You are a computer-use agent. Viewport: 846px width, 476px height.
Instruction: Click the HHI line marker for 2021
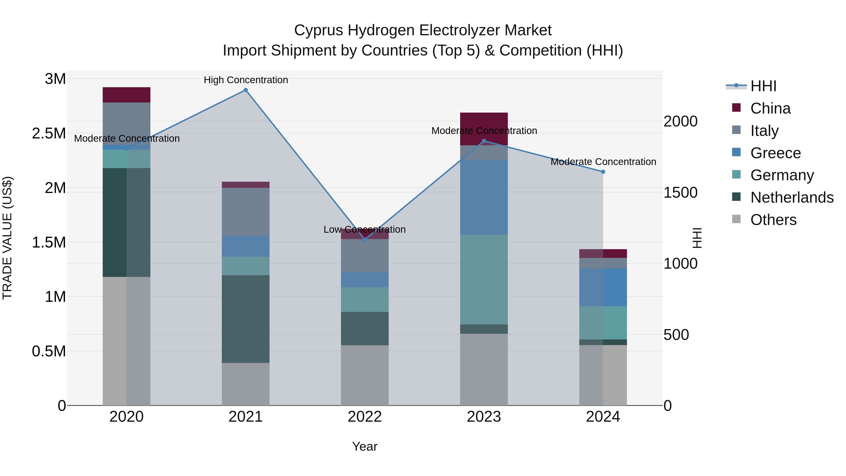point(245,90)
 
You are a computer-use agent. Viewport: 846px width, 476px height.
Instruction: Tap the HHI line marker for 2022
point(364,240)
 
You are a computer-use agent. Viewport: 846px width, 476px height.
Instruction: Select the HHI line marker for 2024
point(603,172)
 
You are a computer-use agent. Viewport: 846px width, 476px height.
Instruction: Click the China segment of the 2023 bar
point(484,123)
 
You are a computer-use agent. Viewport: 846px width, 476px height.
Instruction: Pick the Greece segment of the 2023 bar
point(484,197)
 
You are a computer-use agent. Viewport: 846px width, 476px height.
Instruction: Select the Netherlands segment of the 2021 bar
point(245,319)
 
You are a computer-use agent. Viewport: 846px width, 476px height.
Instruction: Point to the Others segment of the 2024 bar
point(603,375)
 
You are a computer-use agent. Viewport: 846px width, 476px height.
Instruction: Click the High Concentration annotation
point(246,80)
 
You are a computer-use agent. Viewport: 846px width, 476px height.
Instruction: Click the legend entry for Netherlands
point(791,197)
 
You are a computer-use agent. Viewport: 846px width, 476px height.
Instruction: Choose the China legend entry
point(770,108)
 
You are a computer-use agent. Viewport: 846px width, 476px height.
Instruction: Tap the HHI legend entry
point(763,86)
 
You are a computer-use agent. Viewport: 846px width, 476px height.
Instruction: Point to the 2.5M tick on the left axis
point(49,133)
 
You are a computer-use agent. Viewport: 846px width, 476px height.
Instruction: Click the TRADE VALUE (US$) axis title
point(7,238)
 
